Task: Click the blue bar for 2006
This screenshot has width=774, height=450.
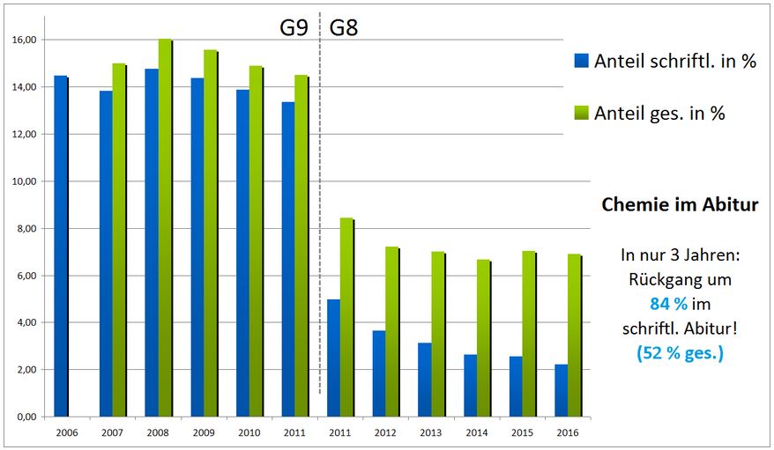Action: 60,247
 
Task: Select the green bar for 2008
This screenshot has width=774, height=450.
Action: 165,228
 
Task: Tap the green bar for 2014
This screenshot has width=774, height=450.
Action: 483,338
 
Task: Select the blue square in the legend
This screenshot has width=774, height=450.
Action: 581,61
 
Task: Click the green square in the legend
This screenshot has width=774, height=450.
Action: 581,113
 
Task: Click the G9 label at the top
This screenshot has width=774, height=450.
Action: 294,26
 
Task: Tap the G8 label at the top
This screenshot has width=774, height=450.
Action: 344,26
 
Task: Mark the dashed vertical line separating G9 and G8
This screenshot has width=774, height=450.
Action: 319,220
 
